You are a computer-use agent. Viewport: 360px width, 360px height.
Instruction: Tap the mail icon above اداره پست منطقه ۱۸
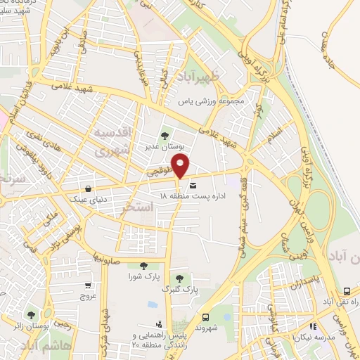[x=193, y=185]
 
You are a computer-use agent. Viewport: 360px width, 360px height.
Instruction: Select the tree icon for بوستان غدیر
[x=165, y=136]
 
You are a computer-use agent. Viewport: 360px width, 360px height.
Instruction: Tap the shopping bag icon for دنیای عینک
[x=88, y=188]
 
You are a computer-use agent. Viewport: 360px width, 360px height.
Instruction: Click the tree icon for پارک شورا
[x=143, y=266]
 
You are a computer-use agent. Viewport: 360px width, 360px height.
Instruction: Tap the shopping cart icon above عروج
[x=88, y=285]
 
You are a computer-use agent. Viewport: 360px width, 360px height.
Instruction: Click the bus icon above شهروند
[x=205, y=316]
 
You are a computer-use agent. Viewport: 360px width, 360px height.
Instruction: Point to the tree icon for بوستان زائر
[x=30, y=314]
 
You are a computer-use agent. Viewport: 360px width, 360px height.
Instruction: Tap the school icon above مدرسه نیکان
[x=313, y=326]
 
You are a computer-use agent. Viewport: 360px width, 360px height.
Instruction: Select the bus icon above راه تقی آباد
[x=347, y=291]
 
